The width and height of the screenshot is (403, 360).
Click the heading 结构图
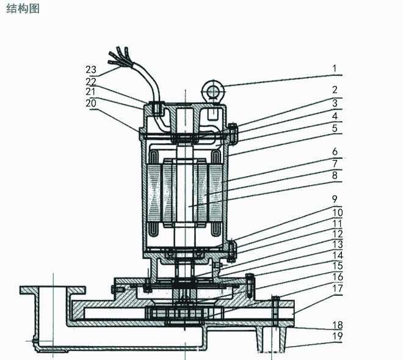(x=22, y=10)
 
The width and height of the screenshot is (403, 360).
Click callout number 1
(x=334, y=68)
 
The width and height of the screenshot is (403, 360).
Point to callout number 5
(x=334, y=128)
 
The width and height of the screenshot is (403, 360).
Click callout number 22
(x=90, y=81)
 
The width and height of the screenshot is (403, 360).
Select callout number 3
(x=334, y=103)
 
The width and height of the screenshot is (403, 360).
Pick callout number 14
(x=335, y=255)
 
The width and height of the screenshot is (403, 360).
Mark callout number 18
(x=335, y=325)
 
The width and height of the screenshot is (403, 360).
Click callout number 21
(x=90, y=91)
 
